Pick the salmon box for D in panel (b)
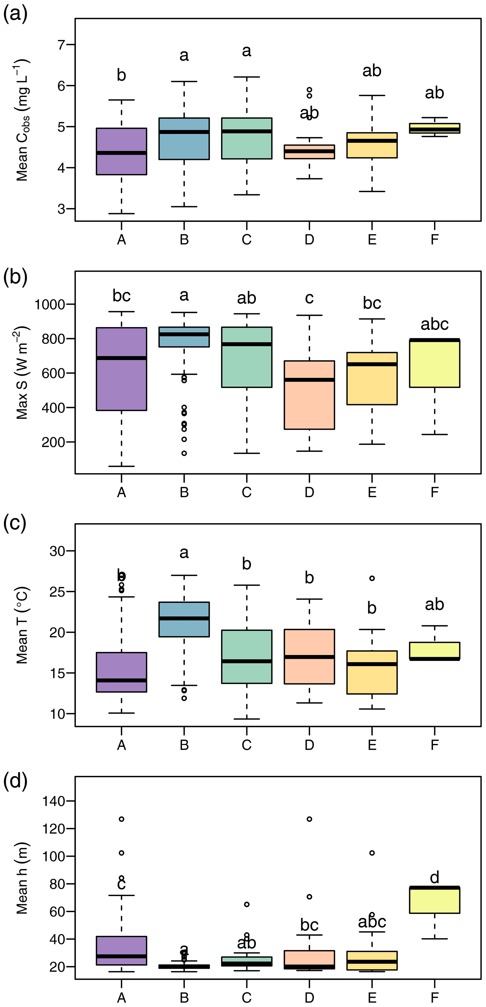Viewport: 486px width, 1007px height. pos(309,395)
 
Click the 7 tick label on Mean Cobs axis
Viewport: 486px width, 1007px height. pos(61,45)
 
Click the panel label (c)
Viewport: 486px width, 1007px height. pos(15,523)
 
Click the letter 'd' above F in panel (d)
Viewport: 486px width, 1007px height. pos(434,878)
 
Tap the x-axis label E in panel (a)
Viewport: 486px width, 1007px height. pos(372,239)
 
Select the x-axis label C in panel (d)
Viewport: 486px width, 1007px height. pos(246,998)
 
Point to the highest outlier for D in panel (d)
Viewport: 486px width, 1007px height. pos(309,819)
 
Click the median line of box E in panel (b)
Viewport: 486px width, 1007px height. pos(372,364)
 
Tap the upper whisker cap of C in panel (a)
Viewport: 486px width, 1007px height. pos(246,77)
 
